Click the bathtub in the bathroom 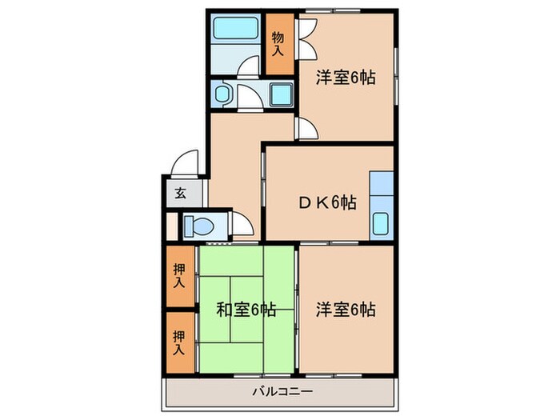234,33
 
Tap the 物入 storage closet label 278,43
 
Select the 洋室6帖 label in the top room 345,78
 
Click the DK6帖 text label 327,202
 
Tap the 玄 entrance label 180,192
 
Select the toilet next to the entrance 196,226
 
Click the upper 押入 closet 180,276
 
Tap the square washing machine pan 280,96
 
